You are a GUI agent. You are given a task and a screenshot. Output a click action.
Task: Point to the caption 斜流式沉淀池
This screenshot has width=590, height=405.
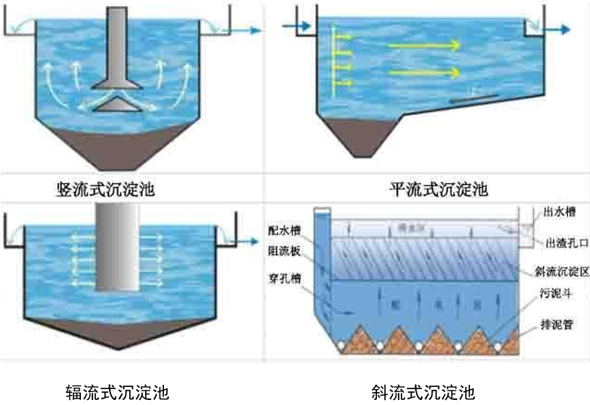point(423,393)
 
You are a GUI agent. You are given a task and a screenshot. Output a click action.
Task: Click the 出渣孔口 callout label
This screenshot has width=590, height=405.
point(563,241)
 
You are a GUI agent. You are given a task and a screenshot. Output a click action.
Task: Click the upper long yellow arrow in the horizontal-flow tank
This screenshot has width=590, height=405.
point(425,45)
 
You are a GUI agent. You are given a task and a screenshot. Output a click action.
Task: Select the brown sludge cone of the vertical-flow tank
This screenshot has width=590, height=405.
point(118,144)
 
